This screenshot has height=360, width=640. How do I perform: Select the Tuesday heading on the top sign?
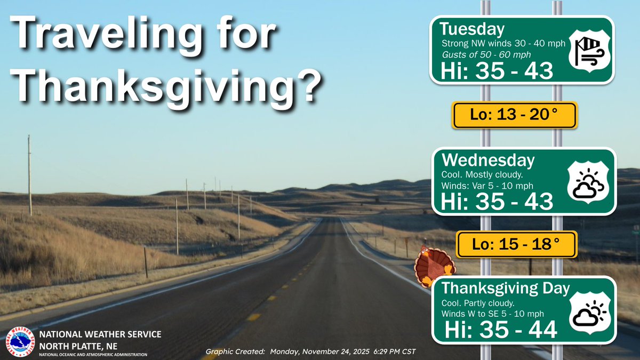471,28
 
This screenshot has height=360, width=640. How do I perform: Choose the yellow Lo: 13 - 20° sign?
514,115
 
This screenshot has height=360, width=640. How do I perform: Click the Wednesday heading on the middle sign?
487,160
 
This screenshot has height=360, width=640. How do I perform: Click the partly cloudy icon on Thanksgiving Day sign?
589,313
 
